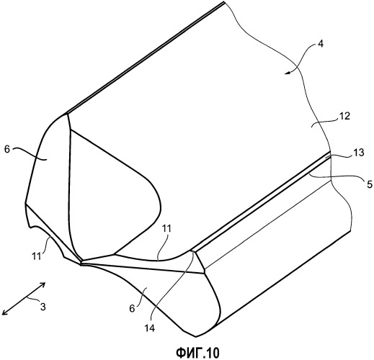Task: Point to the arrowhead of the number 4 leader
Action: (x=286, y=73)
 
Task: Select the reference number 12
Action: (x=344, y=117)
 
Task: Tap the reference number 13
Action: (x=359, y=153)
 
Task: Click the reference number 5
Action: (x=369, y=184)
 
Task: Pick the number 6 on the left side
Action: (x=7, y=149)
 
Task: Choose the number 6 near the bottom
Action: (x=132, y=309)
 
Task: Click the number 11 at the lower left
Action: (x=37, y=256)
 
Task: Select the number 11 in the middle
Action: (x=166, y=229)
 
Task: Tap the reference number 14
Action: (x=149, y=328)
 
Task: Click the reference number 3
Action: (x=43, y=307)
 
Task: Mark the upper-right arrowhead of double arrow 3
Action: (x=43, y=284)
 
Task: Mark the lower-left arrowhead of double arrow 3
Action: (x=4, y=312)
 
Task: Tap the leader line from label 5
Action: (x=337, y=177)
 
